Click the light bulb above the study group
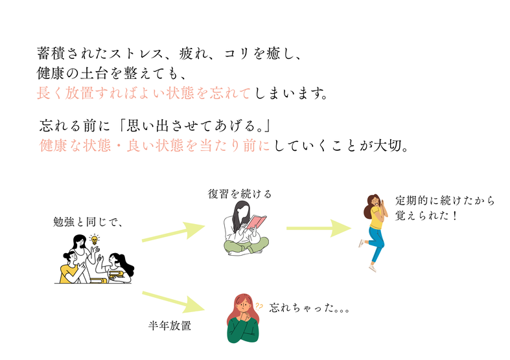95,240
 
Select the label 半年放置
170,326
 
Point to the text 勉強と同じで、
87,222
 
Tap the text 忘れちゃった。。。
309,308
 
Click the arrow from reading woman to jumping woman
318,227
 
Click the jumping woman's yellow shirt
377,218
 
